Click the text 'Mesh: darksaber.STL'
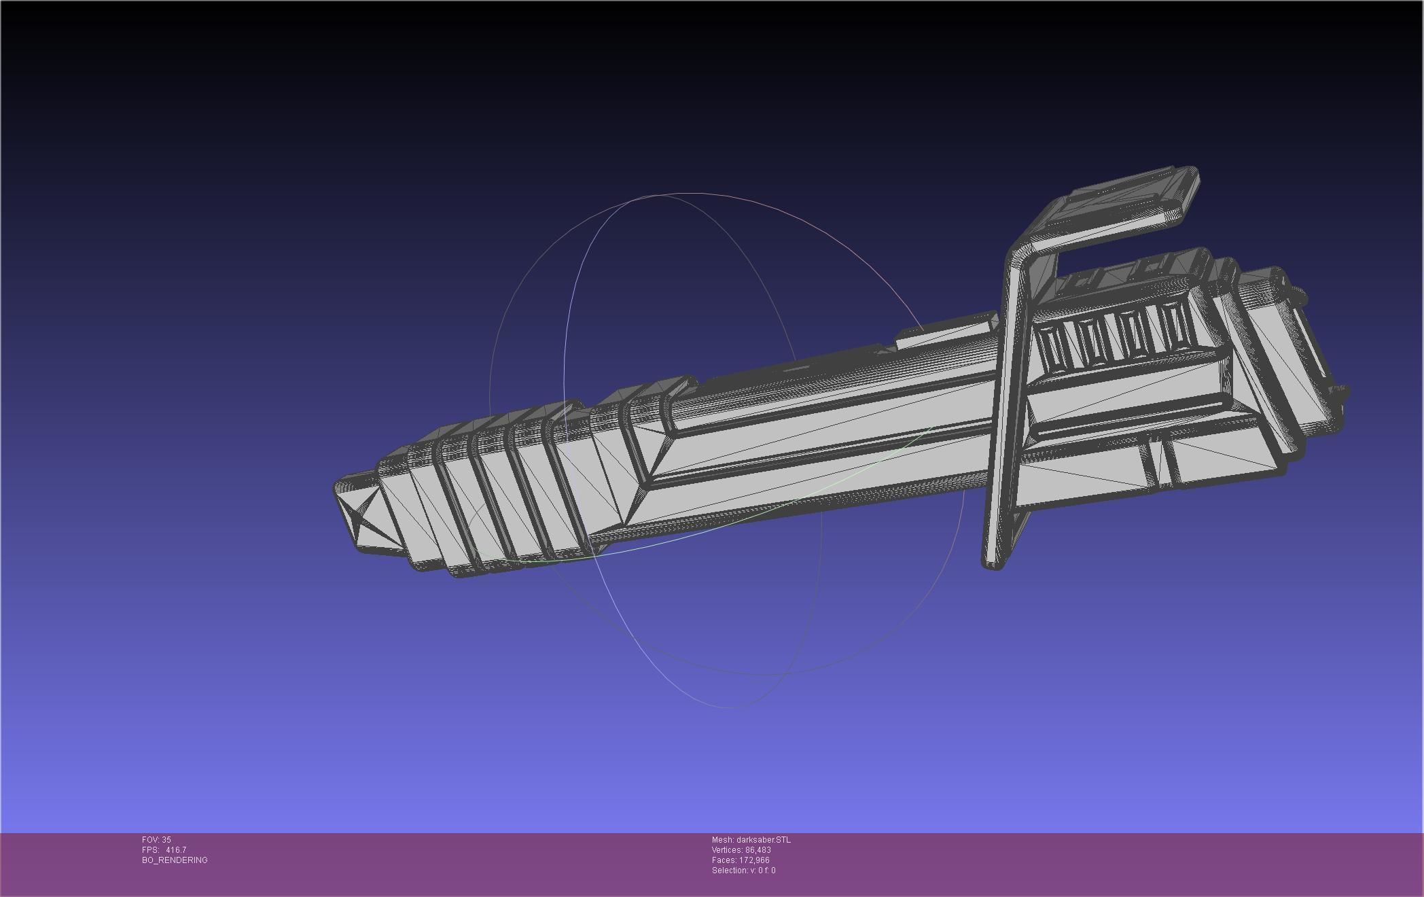(751, 840)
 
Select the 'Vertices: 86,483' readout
(741, 850)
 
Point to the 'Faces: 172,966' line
(741, 860)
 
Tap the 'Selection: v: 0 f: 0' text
(743, 870)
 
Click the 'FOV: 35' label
(156, 840)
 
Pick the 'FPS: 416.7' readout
(164, 850)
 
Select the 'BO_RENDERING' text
(175, 860)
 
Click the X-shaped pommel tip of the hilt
(364, 509)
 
